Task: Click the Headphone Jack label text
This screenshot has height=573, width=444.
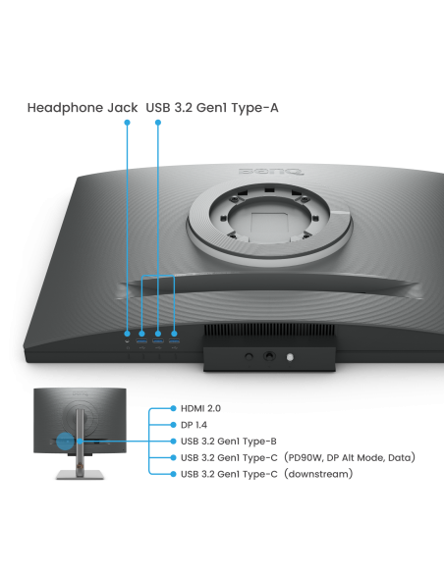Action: click(x=83, y=108)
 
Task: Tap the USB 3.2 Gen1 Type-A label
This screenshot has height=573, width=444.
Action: click(x=212, y=108)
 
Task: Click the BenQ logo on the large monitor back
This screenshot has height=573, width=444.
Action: click(x=271, y=171)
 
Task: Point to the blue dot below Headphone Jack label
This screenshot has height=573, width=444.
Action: click(x=128, y=123)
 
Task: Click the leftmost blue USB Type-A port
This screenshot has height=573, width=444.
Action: click(x=141, y=340)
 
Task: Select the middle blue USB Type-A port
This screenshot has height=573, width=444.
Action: click(x=158, y=340)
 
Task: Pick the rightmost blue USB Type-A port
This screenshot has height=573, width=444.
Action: click(x=174, y=340)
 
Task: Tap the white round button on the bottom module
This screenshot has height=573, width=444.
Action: click(x=290, y=357)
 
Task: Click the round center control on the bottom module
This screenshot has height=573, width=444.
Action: click(x=269, y=355)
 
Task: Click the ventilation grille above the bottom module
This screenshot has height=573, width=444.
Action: click(x=269, y=330)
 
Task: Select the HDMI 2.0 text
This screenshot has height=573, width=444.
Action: click(x=200, y=408)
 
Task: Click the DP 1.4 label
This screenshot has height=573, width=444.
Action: click(x=194, y=425)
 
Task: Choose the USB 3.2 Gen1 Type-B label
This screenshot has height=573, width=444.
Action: click(x=229, y=442)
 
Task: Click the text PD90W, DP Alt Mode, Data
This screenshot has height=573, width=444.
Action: click(x=350, y=457)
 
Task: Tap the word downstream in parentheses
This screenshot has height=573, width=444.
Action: click(x=318, y=474)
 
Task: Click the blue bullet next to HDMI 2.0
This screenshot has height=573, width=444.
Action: click(x=173, y=408)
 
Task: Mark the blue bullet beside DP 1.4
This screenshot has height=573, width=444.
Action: click(x=173, y=425)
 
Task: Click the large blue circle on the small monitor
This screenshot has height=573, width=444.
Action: click(x=66, y=442)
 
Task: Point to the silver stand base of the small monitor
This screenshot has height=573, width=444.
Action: click(x=81, y=475)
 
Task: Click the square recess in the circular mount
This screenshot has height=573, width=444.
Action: click(x=269, y=222)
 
